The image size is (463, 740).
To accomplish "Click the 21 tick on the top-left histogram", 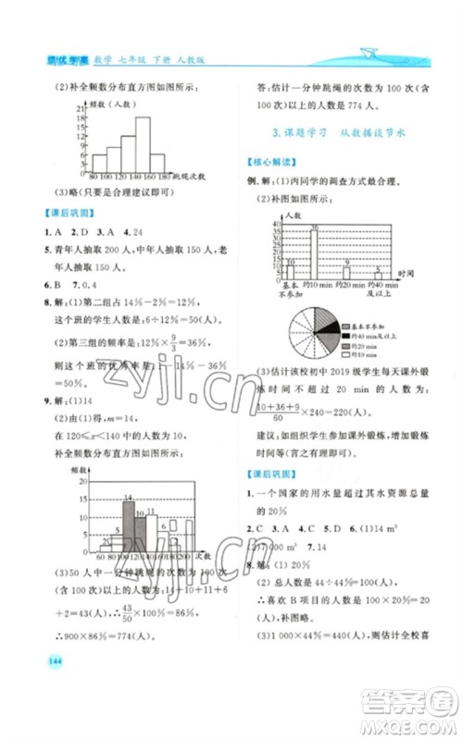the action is (x=83, y=108).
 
